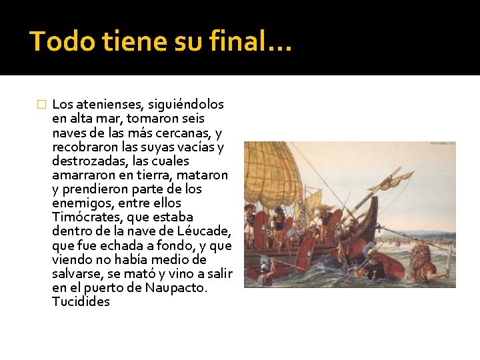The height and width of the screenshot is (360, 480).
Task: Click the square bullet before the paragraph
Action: pos(41,105)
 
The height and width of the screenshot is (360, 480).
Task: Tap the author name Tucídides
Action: pos(81,302)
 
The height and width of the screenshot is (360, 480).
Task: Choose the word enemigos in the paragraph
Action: pos(76,203)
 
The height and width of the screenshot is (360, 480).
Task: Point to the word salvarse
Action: pos(76,274)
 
